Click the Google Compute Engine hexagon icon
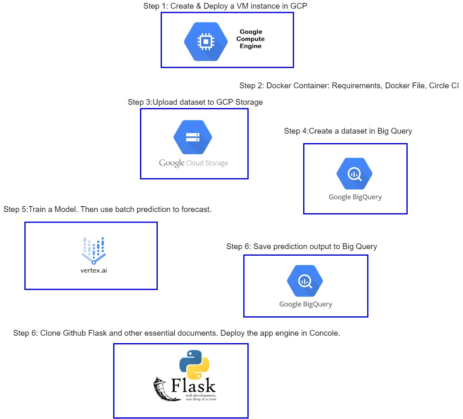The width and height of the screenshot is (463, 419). point(206,42)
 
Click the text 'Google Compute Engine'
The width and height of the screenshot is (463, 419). point(250,39)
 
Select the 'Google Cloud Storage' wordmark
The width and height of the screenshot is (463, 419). point(193,163)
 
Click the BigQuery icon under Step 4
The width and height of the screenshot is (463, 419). point(354,174)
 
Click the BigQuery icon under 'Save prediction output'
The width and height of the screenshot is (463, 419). point(305,282)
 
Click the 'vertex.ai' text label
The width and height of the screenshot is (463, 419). point(93,271)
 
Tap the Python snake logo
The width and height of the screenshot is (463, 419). point(194,365)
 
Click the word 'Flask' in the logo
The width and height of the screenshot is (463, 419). point(193,386)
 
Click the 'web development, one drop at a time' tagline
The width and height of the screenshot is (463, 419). point(201,397)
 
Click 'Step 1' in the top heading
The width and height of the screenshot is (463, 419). point(155,6)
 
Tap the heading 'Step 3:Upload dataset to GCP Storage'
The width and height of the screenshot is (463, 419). point(195,102)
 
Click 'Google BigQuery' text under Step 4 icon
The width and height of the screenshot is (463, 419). point(355,197)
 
